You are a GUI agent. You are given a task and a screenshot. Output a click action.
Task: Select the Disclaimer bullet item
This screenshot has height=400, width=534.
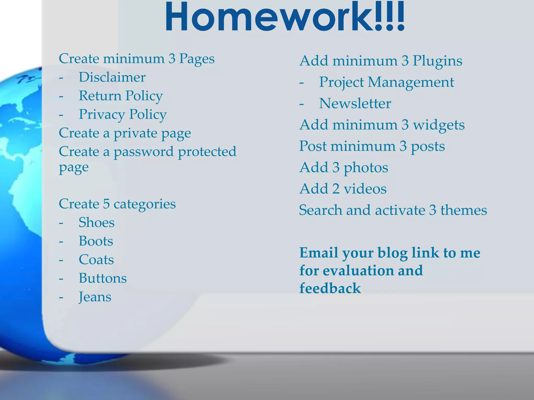pyautogui.click(x=112, y=77)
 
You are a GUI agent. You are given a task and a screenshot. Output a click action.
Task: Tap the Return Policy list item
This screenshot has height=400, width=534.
pyautogui.click(x=120, y=96)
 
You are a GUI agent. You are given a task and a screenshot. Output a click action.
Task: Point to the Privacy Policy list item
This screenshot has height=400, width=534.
pyautogui.click(x=123, y=115)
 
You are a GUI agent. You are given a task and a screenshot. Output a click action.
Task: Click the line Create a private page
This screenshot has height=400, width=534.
pyautogui.click(x=125, y=133)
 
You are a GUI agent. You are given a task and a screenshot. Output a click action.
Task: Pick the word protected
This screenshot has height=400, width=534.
pyautogui.click(x=207, y=152)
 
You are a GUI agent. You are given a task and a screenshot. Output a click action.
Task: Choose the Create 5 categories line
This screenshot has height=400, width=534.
pyautogui.click(x=117, y=204)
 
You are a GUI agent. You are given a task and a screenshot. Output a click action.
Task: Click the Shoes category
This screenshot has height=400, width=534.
pyautogui.click(x=96, y=223)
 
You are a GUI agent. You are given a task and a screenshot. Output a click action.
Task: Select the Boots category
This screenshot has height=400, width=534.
pyautogui.click(x=96, y=241)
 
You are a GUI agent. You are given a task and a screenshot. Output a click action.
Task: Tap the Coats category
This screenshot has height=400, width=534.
pyautogui.click(x=96, y=260)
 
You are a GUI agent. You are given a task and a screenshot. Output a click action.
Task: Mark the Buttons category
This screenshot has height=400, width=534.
pyautogui.click(x=102, y=278)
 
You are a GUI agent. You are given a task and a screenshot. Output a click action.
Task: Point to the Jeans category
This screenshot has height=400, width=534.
pyautogui.click(x=95, y=297)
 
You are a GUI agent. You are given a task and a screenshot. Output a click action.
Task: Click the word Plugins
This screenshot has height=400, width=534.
pyautogui.click(x=437, y=61)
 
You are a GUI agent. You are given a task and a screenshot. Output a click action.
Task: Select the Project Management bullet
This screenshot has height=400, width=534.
pyautogui.click(x=386, y=82)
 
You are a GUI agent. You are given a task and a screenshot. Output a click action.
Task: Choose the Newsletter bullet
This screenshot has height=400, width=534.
pyautogui.click(x=355, y=103)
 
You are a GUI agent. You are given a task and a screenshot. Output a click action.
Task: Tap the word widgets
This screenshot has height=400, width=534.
pyautogui.click(x=439, y=125)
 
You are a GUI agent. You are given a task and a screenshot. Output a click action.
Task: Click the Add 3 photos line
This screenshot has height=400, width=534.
pyautogui.click(x=344, y=167)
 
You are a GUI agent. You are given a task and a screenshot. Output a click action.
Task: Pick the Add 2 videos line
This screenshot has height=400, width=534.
pyautogui.click(x=343, y=189)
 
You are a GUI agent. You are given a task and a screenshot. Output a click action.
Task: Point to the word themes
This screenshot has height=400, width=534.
pyautogui.click(x=464, y=210)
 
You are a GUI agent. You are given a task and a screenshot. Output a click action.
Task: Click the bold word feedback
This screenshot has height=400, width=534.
pyautogui.click(x=330, y=288)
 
